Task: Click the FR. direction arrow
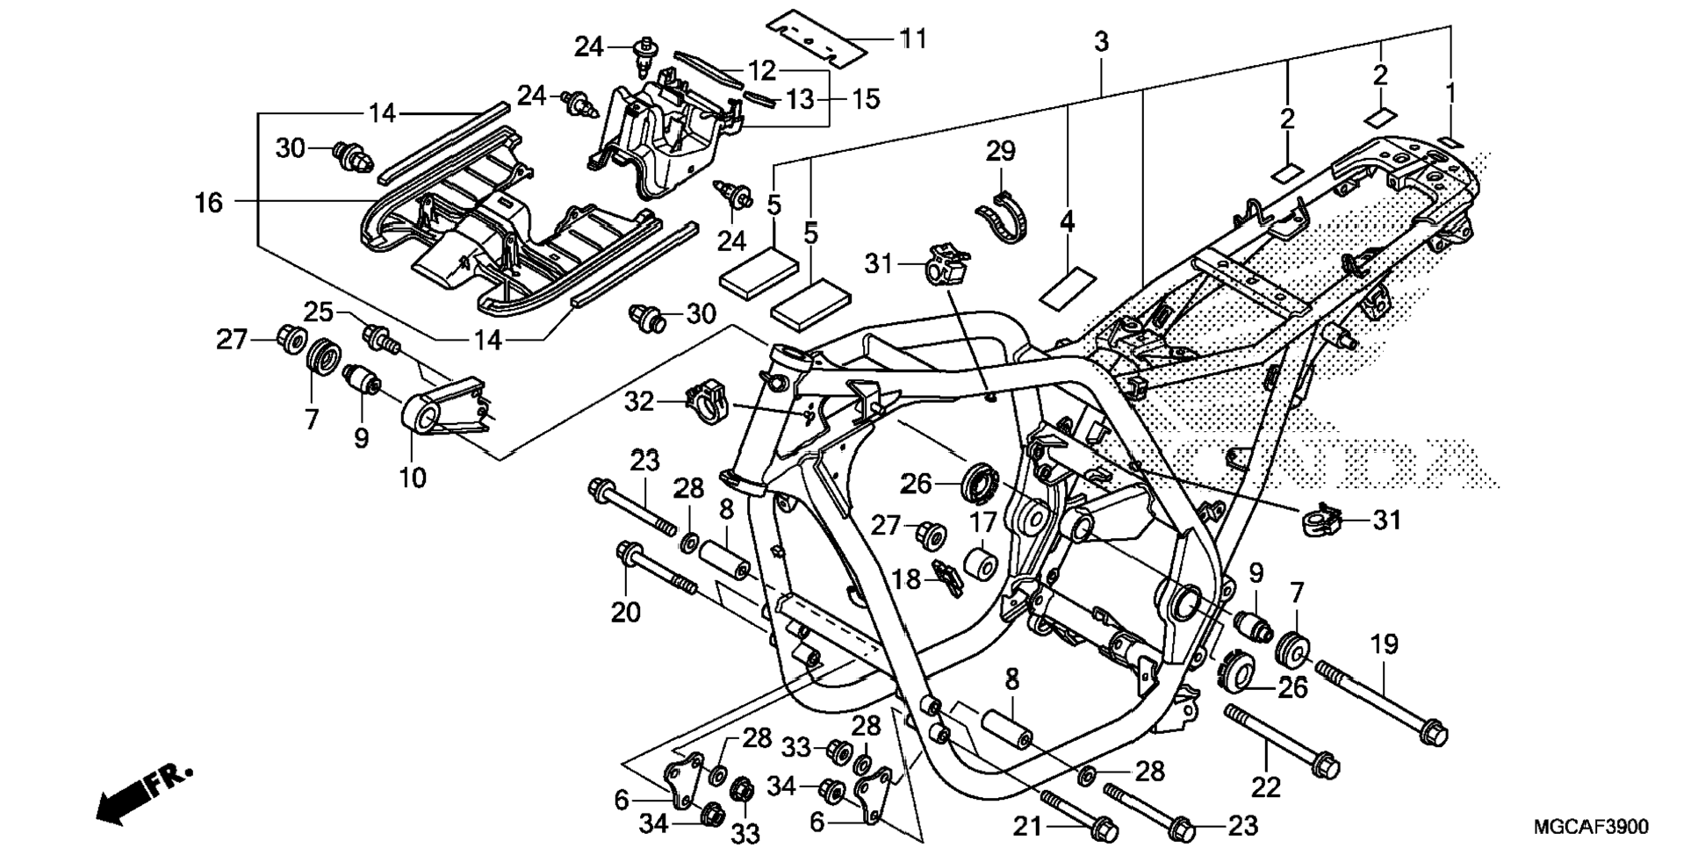140,795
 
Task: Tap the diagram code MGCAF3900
1590,827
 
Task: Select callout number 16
209,203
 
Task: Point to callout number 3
1101,41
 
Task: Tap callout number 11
912,39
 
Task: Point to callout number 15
865,98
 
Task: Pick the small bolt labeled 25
381,338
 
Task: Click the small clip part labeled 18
946,578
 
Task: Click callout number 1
1450,91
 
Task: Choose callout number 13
800,99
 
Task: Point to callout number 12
763,69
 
